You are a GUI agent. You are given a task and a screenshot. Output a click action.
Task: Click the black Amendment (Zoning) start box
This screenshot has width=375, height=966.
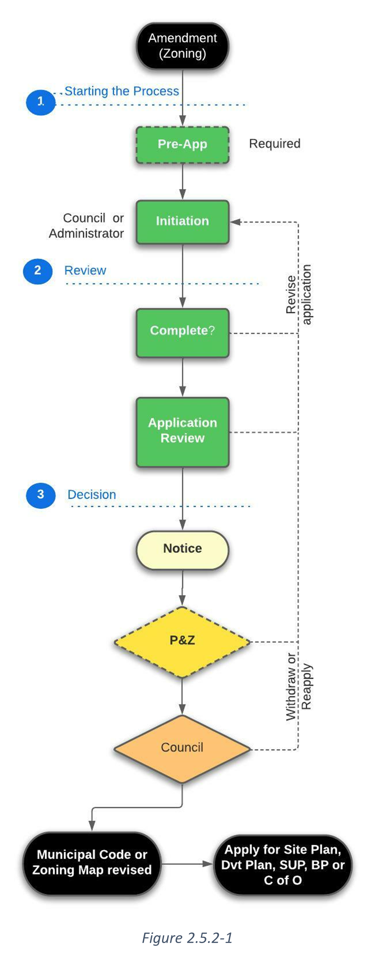(x=182, y=46)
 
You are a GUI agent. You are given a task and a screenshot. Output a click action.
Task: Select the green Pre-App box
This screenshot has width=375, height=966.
(x=182, y=145)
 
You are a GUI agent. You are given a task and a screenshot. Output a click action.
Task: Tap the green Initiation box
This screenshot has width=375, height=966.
(x=182, y=221)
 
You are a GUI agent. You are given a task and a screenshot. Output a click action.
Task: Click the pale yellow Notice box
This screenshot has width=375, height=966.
(x=182, y=549)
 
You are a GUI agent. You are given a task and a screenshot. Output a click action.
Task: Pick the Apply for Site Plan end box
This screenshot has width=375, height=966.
(x=282, y=865)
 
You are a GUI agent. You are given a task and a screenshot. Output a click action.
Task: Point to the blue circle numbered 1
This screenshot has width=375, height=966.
(x=41, y=102)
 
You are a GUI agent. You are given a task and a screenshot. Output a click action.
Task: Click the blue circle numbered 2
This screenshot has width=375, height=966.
(x=38, y=271)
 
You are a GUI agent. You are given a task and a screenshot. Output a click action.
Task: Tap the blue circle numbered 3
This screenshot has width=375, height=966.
(x=40, y=495)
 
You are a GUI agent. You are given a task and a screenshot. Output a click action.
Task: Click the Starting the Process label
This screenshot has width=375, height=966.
(x=121, y=91)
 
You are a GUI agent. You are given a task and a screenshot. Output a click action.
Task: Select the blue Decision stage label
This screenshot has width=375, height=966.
(x=92, y=495)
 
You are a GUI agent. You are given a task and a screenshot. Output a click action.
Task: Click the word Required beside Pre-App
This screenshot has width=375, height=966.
(x=275, y=144)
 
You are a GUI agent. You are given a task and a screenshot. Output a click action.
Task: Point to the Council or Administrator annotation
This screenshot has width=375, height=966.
(x=86, y=226)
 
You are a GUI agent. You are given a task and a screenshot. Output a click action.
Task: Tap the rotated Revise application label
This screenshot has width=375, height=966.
(x=299, y=294)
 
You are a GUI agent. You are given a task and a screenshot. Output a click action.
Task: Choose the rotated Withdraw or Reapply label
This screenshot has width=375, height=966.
(x=299, y=686)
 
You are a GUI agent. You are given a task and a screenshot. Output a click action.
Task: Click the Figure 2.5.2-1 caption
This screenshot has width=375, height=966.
(x=187, y=938)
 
